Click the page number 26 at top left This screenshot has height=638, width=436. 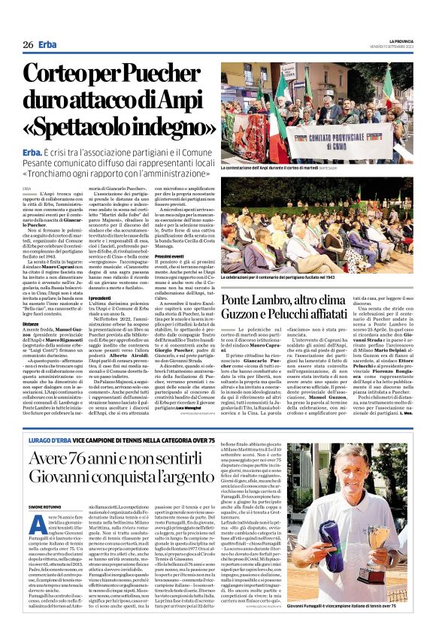click(27, 44)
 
